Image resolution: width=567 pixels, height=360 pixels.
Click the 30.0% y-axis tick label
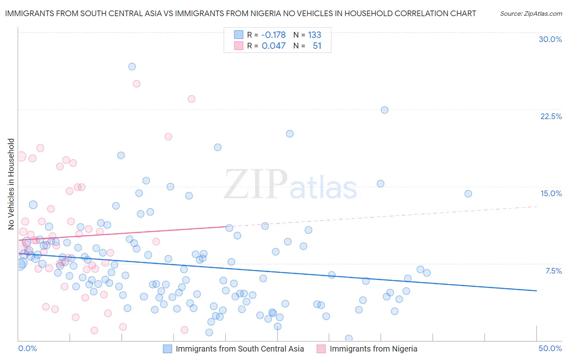(x=550, y=39)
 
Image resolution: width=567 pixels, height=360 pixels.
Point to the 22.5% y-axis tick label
(x=551, y=116)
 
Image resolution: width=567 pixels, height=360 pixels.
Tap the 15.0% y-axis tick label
(x=551, y=193)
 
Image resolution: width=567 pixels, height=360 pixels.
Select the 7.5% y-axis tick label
(x=553, y=271)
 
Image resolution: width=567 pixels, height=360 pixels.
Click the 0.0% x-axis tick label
(x=27, y=348)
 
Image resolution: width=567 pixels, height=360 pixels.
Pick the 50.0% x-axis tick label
(x=550, y=348)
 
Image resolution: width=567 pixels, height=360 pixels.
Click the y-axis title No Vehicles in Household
(x=11, y=184)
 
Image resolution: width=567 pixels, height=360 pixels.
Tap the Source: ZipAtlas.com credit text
(x=531, y=14)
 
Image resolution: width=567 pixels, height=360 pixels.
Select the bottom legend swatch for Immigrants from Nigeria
(x=321, y=349)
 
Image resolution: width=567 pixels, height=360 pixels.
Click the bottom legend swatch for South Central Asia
(x=167, y=349)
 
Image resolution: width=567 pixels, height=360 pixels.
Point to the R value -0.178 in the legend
(x=273, y=35)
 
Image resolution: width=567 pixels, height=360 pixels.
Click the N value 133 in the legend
(x=315, y=35)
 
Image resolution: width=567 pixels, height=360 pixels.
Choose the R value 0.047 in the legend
(x=273, y=46)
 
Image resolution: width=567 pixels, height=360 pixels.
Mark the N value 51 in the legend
(x=317, y=46)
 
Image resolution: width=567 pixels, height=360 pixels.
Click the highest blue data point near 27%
(x=132, y=67)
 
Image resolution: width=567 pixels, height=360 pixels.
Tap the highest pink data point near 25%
(x=136, y=84)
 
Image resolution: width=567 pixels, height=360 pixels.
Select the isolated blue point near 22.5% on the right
(x=385, y=110)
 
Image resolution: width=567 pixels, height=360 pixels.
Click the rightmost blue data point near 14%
(x=468, y=194)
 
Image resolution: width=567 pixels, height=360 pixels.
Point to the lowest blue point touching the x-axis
(x=349, y=338)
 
